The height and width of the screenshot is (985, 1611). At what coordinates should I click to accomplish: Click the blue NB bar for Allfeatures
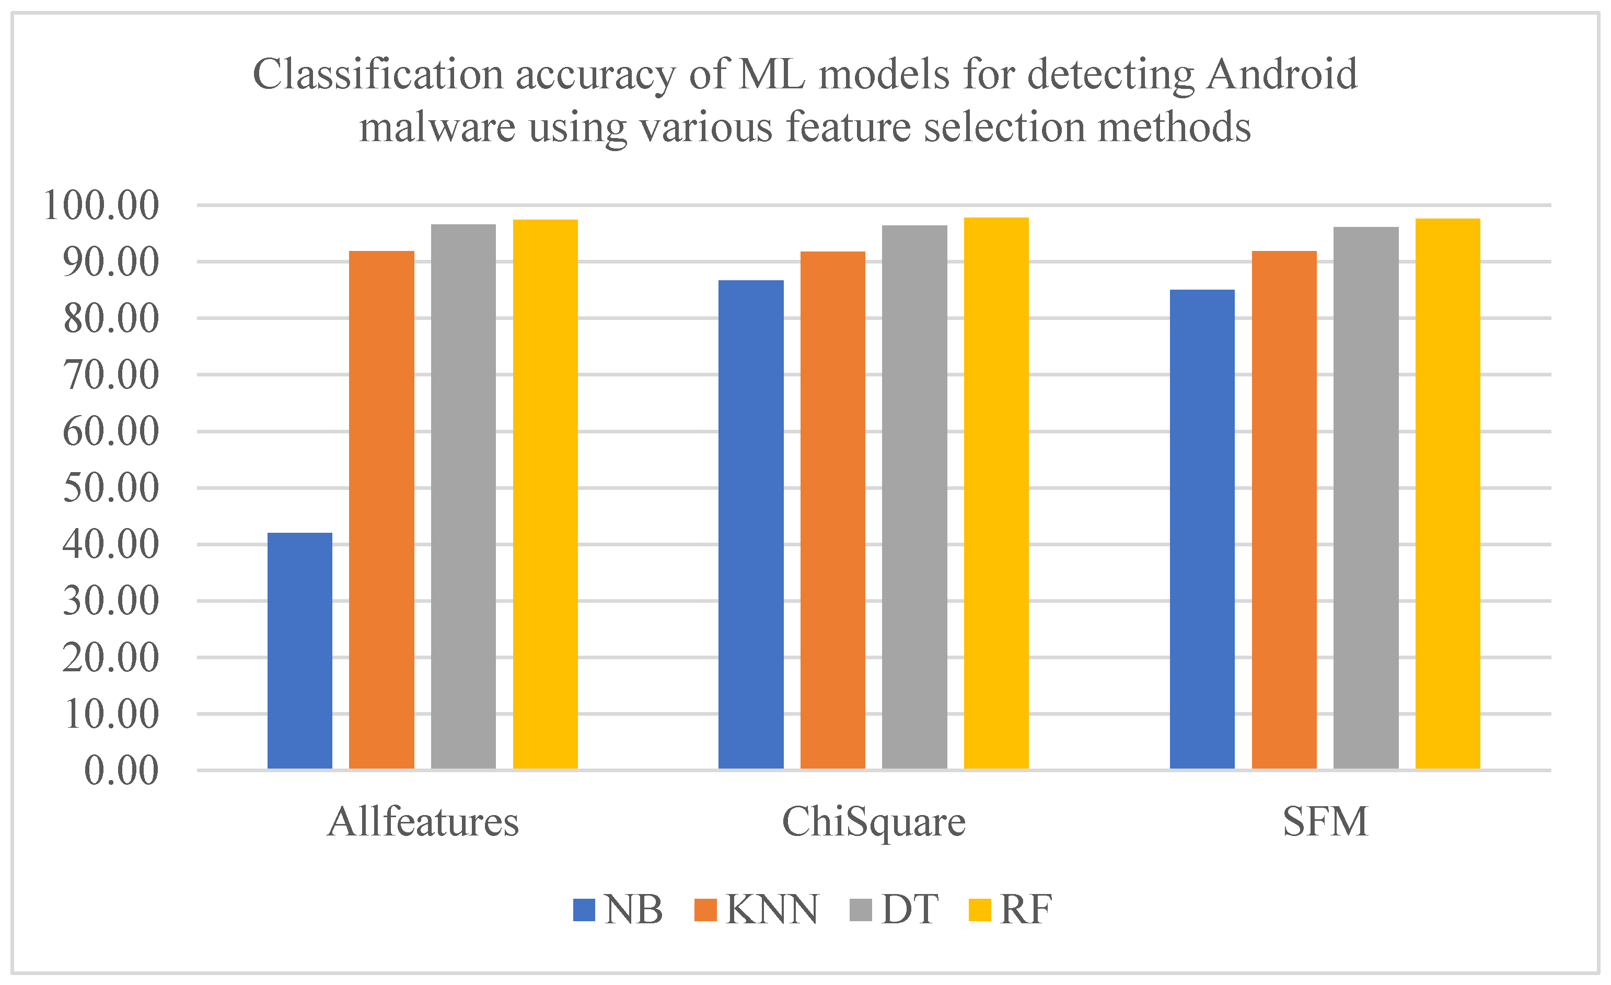[x=299, y=651]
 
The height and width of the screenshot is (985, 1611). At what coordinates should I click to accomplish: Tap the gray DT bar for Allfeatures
[x=463, y=497]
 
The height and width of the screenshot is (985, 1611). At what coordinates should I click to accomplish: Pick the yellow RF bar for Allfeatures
[x=546, y=495]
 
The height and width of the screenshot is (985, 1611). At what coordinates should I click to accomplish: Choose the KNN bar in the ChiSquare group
[x=832, y=510]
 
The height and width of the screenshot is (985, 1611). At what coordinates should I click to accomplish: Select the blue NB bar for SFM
[x=1202, y=529]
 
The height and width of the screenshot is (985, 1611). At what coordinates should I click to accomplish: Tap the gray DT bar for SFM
[x=1366, y=498]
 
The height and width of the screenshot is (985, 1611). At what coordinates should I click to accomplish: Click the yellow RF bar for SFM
[x=1447, y=494]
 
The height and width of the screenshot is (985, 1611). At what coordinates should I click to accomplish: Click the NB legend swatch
[x=584, y=910]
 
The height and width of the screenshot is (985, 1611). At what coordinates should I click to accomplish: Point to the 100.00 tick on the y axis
[x=101, y=205]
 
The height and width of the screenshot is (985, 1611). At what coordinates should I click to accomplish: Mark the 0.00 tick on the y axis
[x=121, y=771]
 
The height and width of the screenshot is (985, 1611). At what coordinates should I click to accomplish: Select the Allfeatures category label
[x=423, y=822]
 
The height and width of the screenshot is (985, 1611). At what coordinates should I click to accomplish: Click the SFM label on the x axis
[x=1325, y=822]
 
